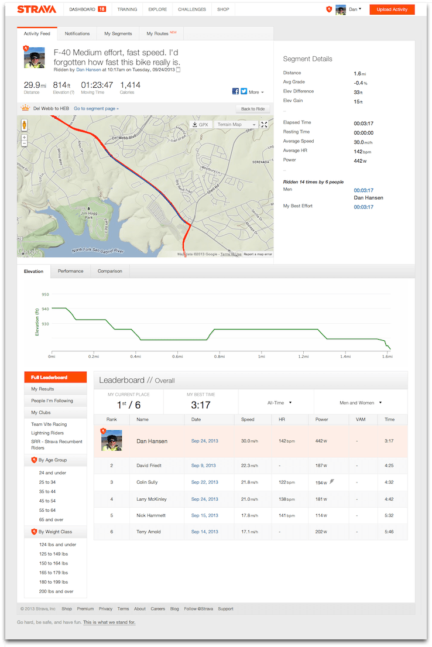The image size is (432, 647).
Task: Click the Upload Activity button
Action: [x=392, y=9]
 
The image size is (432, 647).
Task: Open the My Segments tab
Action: [x=118, y=33]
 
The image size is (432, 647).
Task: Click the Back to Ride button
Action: [x=253, y=109]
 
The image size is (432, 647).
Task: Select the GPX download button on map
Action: [x=200, y=124]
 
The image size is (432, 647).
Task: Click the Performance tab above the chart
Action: [x=70, y=271]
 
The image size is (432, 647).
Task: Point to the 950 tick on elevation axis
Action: [x=45, y=295]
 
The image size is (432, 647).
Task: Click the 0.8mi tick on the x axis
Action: [x=220, y=356]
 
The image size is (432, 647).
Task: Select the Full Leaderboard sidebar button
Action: [x=56, y=378]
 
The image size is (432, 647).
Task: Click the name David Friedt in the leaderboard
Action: [x=149, y=465]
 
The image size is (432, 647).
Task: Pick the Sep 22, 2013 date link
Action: [x=204, y=482]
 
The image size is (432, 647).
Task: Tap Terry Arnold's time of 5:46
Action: [x=389, y=532]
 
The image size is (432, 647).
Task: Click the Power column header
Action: [x=321, y=419]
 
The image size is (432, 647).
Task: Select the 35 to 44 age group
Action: [x=47, y=491]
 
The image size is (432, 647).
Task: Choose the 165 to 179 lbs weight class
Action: [x=53, y=573]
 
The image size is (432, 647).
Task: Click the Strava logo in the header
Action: [x=36, y=9]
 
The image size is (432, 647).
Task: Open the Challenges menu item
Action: [x=191, y=9]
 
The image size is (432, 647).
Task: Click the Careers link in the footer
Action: [x=157, y=609]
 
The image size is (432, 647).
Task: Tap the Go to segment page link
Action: [x=96, y=108]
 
